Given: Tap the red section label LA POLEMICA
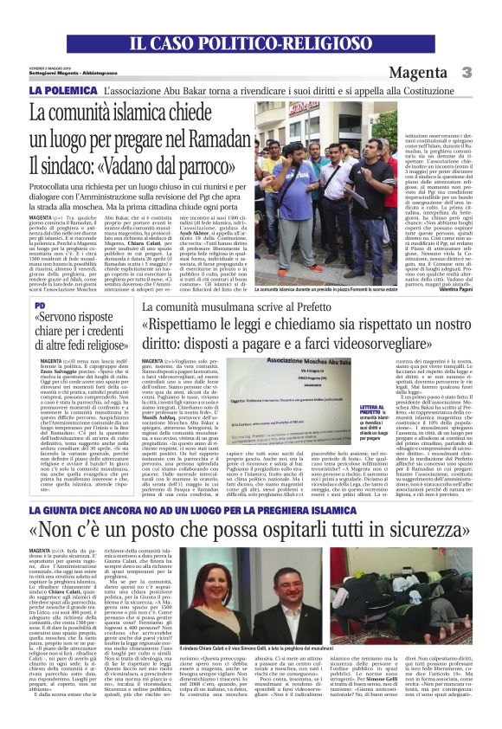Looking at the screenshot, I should tap(63, 89).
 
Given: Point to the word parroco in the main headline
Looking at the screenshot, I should tap(217, 163).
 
